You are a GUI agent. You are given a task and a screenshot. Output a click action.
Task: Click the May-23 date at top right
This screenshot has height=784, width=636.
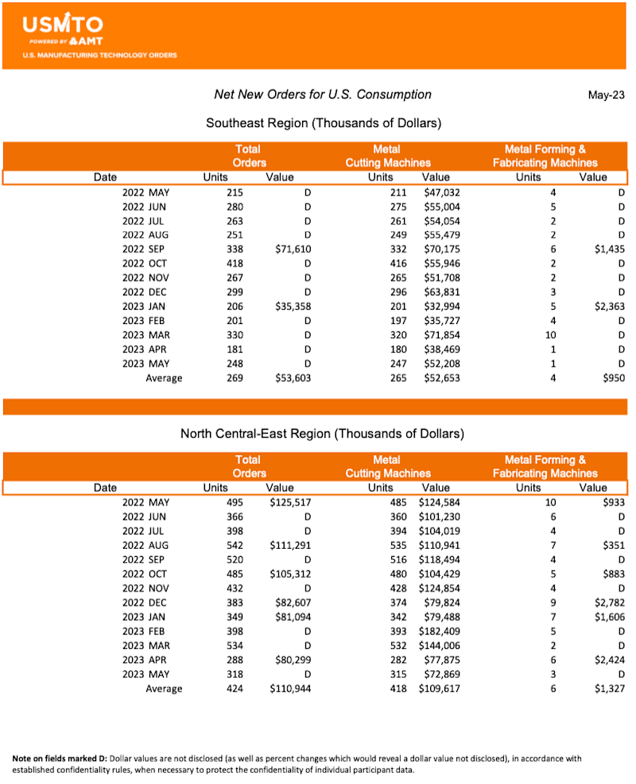(x=606, y=95)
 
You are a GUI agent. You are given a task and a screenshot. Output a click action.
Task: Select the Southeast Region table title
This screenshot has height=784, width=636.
(x=324, y=123)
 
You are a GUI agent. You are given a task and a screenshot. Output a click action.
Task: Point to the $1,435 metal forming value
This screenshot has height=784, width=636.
(x=607, y=249)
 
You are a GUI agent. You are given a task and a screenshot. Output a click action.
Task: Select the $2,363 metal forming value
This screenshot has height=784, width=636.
(x=607, y=307)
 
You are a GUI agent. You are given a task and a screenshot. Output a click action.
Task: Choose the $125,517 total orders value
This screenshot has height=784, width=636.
(x=289, y=502)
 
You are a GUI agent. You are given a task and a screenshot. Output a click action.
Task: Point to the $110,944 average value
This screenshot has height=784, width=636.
(x=289, y=689)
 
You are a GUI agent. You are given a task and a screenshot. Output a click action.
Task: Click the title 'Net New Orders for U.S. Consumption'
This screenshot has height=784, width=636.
(x=323, y=95)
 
